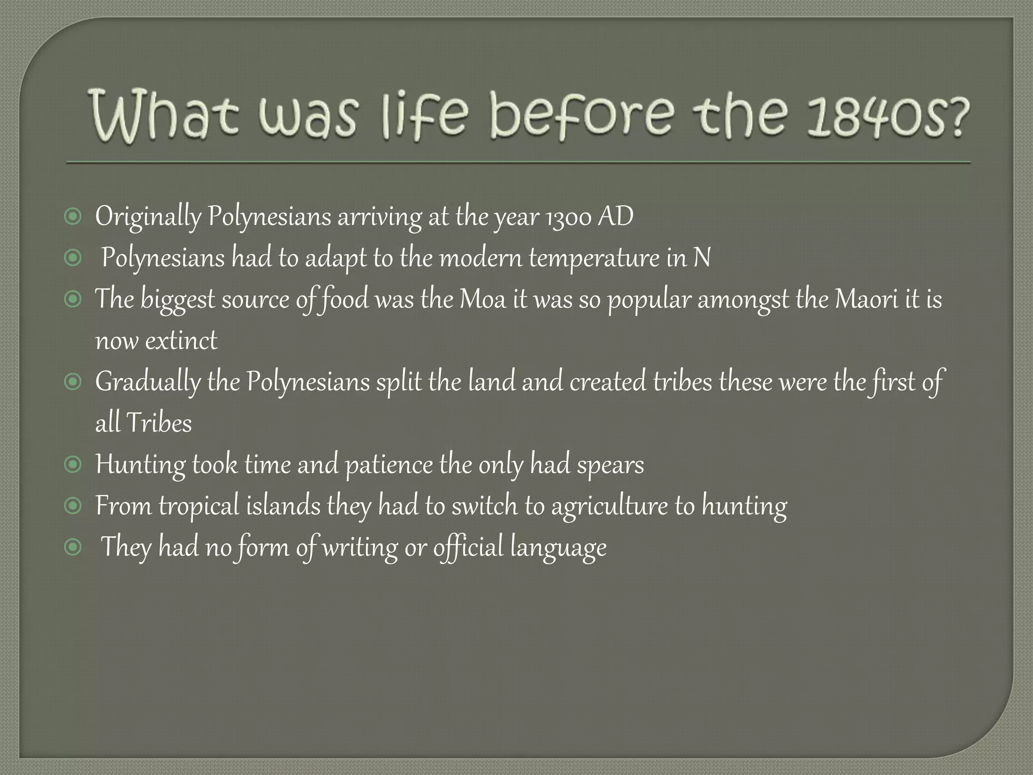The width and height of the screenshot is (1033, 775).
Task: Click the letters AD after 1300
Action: [x=616, y=216]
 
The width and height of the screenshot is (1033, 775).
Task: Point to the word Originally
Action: [x=148, y=217]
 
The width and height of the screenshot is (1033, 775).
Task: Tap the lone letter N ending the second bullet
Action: [x=702, y=258]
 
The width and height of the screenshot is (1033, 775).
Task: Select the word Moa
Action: [x=482, y=299]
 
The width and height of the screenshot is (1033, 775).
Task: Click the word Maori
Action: [x=867, y=299]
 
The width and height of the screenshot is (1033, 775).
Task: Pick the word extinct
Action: [x=181, y=341]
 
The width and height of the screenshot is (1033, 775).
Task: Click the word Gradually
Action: [x=147, y=382]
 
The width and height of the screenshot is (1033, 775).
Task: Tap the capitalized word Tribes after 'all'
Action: [x=159, y=423]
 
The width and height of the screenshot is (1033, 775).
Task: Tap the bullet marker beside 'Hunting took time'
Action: [x=73, y=464]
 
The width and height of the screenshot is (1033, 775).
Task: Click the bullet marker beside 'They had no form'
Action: [x=73, y=547]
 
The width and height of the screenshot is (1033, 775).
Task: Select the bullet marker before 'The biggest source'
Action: [x=73, y=299]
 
